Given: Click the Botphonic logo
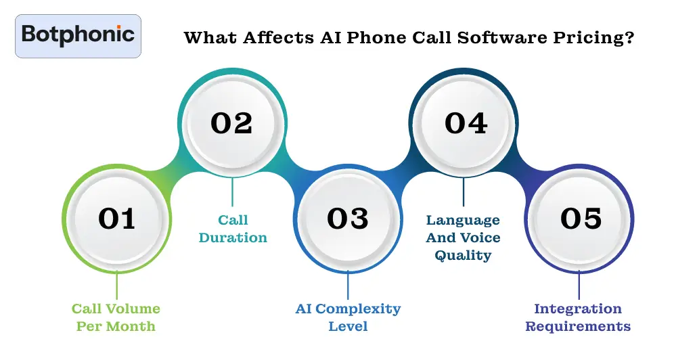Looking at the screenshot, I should (78, 35).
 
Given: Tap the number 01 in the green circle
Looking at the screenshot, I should (116, 218).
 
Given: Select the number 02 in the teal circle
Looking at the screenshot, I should (231, 123).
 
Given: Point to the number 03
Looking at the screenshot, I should (348, 218).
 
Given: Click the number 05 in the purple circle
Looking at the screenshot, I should (581, 218).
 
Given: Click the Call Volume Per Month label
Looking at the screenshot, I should (116, 317).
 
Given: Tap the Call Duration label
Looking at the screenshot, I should (233, 229).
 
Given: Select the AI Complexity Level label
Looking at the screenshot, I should (348, 317).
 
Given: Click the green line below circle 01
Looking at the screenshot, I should (116, 284).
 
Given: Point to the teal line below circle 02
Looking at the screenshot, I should (232, 192).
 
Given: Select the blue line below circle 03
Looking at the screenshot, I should (348, 284).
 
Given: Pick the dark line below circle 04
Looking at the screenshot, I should (464, 192).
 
